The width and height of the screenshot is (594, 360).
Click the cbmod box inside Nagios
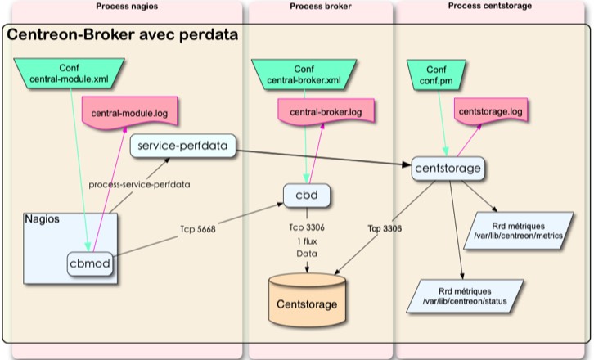(x=89, y=263)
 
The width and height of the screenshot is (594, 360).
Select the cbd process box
(x=307, y=196)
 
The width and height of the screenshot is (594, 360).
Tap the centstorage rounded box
(x=446, y=169)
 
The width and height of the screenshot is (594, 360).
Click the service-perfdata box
(x=183, y=146)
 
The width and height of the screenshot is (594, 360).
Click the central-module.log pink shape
(x=131, y=110)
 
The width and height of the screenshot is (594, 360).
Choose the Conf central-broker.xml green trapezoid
(x=304, y=74)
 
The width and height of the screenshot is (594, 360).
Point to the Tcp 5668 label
(x=200, y=230)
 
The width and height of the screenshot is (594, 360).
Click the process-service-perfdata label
(x=139, y=184)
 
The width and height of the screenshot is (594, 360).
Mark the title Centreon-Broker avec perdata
(x=123, y=36)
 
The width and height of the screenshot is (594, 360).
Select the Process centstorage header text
(x=490, y=7)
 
